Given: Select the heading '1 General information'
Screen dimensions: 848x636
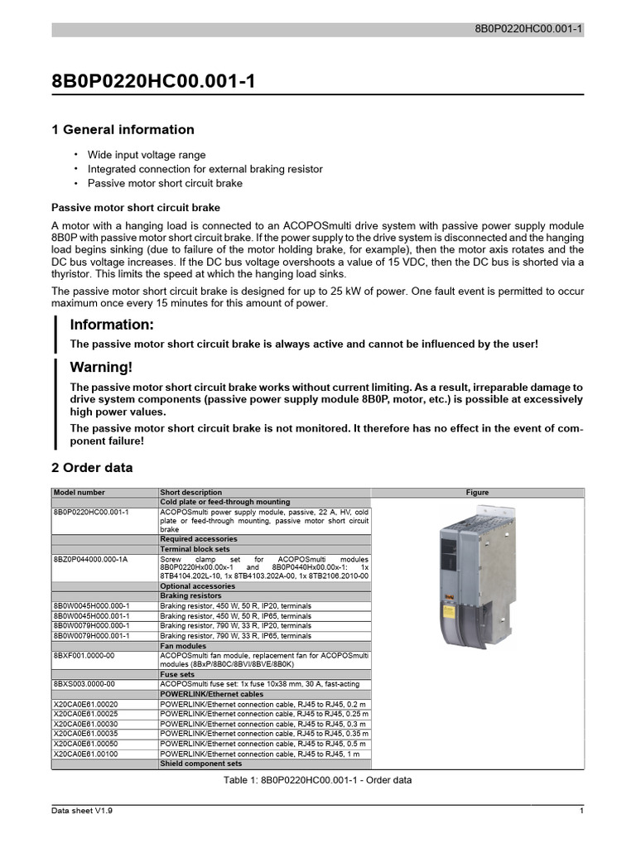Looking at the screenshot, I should pyautogui.click(x=123, y=129).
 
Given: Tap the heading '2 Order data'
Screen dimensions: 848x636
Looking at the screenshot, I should pyautogui.click(x=92, y=468).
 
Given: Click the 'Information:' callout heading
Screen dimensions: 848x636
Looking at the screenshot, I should pyautogui.click(x=112, y=324).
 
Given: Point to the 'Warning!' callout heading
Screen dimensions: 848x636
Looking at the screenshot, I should pyautogui.click(x=101, y=367).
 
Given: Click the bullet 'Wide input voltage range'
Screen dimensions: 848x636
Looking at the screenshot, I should pyautogui.click(x=147, y=155).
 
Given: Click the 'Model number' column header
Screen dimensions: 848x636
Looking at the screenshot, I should pyautogui.click(x=79, y=492).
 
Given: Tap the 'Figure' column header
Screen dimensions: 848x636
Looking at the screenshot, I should pyautogui.click(x=477, y=492).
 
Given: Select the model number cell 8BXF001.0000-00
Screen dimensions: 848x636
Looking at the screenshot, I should pyautogui.click(x=84, y=655).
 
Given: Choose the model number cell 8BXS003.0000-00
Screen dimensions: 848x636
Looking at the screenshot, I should pyautogui.click(x=84, y=684).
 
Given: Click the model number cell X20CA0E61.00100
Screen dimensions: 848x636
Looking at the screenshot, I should pyautogui.click(x=85, y=754).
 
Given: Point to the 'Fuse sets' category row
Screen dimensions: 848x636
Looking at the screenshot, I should pyautogui.click(x=177, y=674).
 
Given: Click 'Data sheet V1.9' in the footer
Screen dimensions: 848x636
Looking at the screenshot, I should pyautogui.click(x=82, y=812).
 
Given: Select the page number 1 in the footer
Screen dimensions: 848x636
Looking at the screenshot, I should pyautogui.click(x=582, y=812).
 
